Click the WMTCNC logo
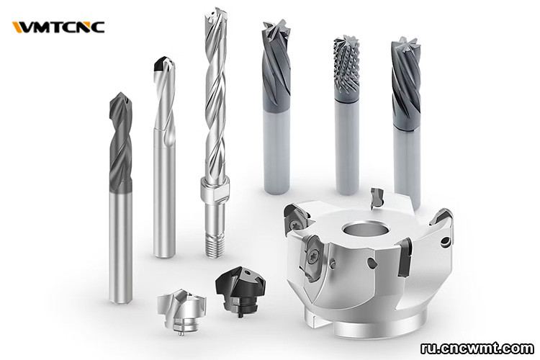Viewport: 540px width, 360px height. [x=58, y=27]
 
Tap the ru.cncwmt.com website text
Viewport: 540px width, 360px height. [x=477, y=348]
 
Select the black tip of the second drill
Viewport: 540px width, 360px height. [x=163, y=64]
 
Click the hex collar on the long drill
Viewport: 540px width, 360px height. [x=215, y=191]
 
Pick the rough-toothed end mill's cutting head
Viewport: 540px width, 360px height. [x=346, y=65]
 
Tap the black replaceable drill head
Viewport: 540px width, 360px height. [x=240, y=290]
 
